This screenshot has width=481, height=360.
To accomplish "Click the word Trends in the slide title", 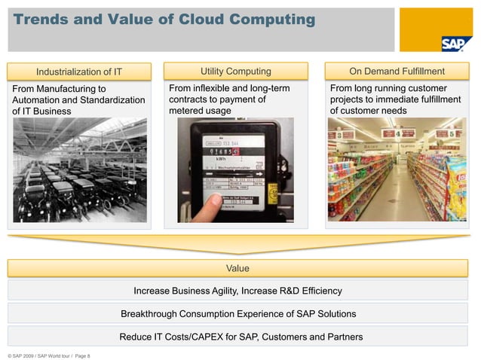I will tap(43, 20).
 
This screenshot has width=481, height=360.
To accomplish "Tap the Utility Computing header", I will tap(235, 72).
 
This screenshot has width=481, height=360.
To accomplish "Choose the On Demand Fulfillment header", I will tap(397, 72).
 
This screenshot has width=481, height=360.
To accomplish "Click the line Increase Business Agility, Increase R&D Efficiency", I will tap(237, 291).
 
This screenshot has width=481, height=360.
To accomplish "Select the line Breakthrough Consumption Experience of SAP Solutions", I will tap(237, 313).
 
